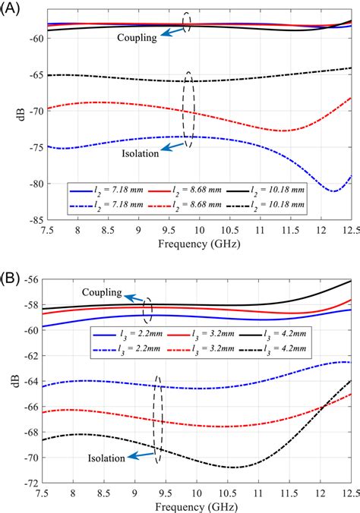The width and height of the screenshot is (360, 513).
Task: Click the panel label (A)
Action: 11,9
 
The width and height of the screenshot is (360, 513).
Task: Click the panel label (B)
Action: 11,269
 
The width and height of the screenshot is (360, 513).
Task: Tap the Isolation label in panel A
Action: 140,153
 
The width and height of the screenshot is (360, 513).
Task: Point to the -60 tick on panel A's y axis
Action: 33,37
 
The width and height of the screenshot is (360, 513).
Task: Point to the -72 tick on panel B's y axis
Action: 33,483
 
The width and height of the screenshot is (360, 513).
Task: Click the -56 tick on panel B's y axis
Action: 33,279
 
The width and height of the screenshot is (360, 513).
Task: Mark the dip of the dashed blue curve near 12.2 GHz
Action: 334,191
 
